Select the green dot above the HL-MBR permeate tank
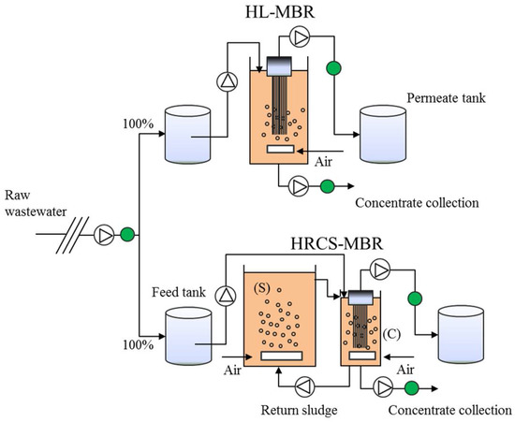click(331, 66)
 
